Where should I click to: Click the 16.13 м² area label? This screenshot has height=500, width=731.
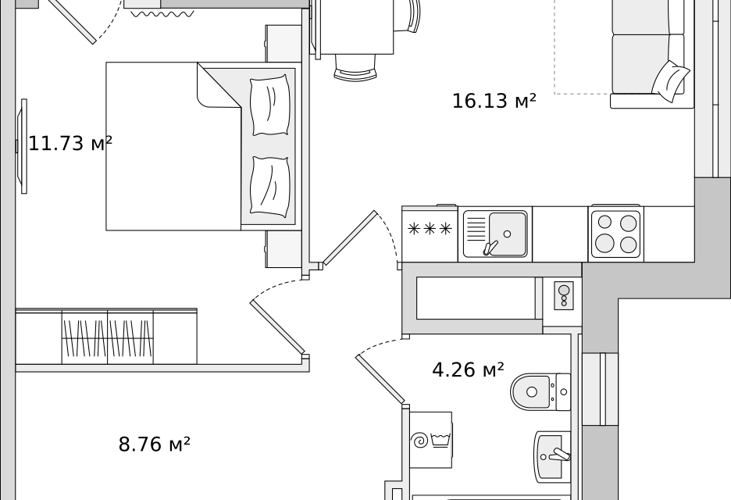click(x=494, y=101)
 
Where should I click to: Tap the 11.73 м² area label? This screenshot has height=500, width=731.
click(x=70, y=143)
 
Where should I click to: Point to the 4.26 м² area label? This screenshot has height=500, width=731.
click(x=468, y=370)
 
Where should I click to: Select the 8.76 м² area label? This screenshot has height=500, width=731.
click(x=155, y=444)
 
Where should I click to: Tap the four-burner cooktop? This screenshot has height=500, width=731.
click(x=616, y=234)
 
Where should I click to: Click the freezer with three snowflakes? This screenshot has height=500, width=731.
click(x=430, y=234)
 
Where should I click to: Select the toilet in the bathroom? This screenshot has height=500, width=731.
click(x=540, y=391)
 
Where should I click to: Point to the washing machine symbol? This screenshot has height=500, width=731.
click(x=431, y=439)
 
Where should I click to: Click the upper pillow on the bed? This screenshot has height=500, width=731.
click(x=270, y=106)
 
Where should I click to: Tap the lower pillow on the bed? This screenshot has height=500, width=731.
click(x=270, y=187)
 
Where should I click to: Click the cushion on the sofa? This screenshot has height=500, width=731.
click(x=670, y=81)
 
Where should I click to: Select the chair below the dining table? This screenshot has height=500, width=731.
click(x=355, y=68)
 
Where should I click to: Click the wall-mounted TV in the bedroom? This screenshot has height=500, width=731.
click(x=22, y=146)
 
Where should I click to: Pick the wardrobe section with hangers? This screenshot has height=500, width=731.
click(x=107, y=337)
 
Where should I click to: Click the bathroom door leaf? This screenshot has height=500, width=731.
click(x=380, y=379)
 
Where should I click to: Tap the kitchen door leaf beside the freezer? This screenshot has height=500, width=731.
click(x=350, y=237)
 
